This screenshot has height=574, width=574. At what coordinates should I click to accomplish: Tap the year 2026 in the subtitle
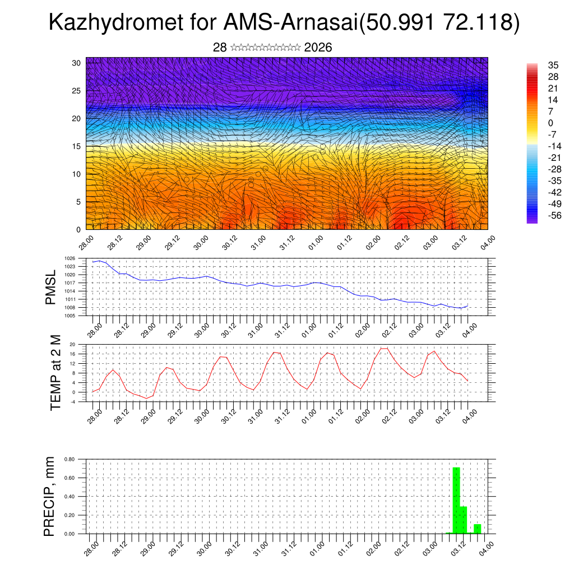pyautogui.click(x=318, y=48)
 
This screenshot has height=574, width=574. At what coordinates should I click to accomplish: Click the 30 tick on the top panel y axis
pyautogui.click(x=76, y=63)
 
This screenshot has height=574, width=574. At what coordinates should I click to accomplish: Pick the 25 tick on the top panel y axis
pyautogui.click(x=76, y=91)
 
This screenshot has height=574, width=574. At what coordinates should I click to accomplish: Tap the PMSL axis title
pyautogui.click(x=51, y=288)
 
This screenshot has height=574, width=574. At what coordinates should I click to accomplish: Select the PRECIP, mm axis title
pyautogui.click(x=50, y=496)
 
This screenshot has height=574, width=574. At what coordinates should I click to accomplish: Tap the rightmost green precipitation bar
pyautogui.click(x=478, y=529)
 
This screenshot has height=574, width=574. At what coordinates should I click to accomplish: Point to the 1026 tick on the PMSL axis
pyautogui.click(x=70, y=258)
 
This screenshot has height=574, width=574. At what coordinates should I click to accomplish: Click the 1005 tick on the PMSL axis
pyautogui.click(x=70, y=316)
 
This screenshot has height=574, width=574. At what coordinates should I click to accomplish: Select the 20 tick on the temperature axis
pyautogui.click(x=72, y=345)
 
